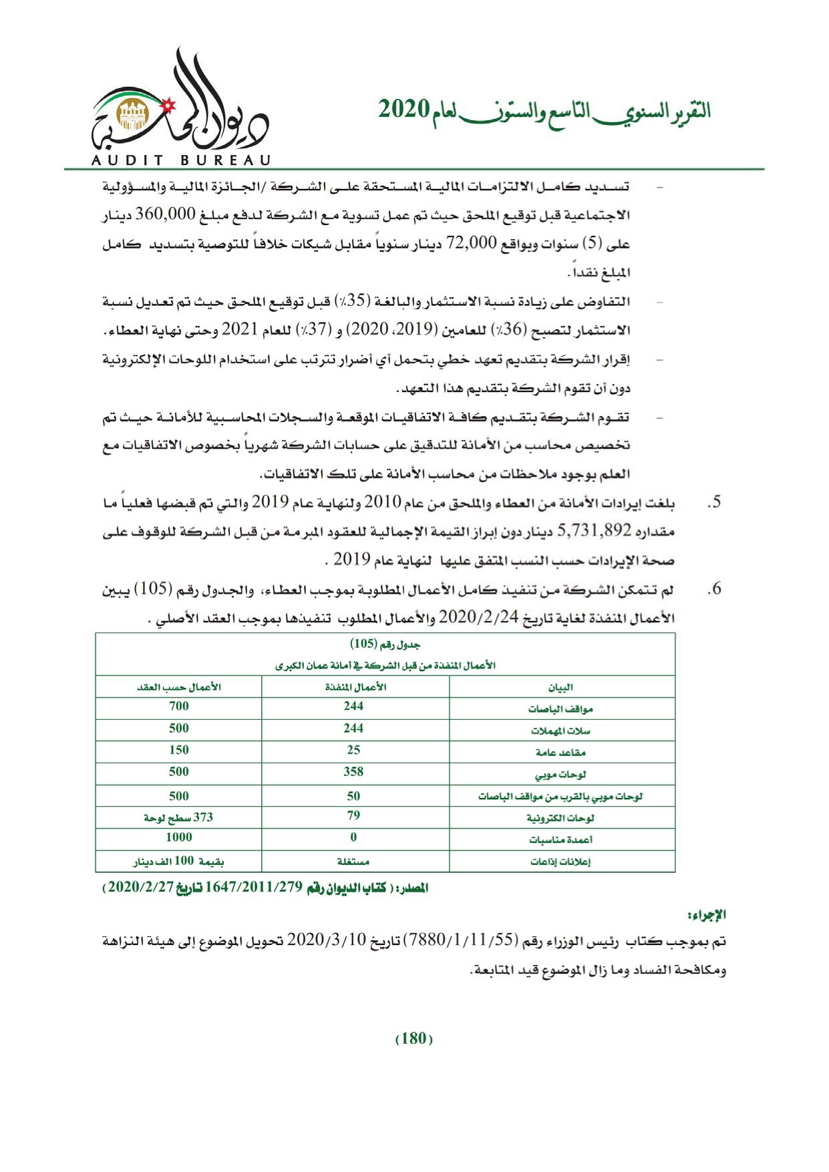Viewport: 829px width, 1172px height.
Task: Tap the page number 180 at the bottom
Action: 414,1038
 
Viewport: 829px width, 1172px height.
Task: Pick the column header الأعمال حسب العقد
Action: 179,687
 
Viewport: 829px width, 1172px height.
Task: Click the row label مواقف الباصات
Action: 563,709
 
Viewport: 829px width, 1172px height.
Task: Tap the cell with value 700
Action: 179,707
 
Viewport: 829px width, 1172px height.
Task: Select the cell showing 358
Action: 353,772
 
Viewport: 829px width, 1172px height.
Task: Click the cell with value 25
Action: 353,750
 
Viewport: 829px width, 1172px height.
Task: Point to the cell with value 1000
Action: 179,837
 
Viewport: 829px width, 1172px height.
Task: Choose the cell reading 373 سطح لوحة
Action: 179,816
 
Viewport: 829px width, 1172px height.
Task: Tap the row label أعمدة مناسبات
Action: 563,839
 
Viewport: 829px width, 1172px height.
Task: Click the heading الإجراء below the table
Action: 707,913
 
